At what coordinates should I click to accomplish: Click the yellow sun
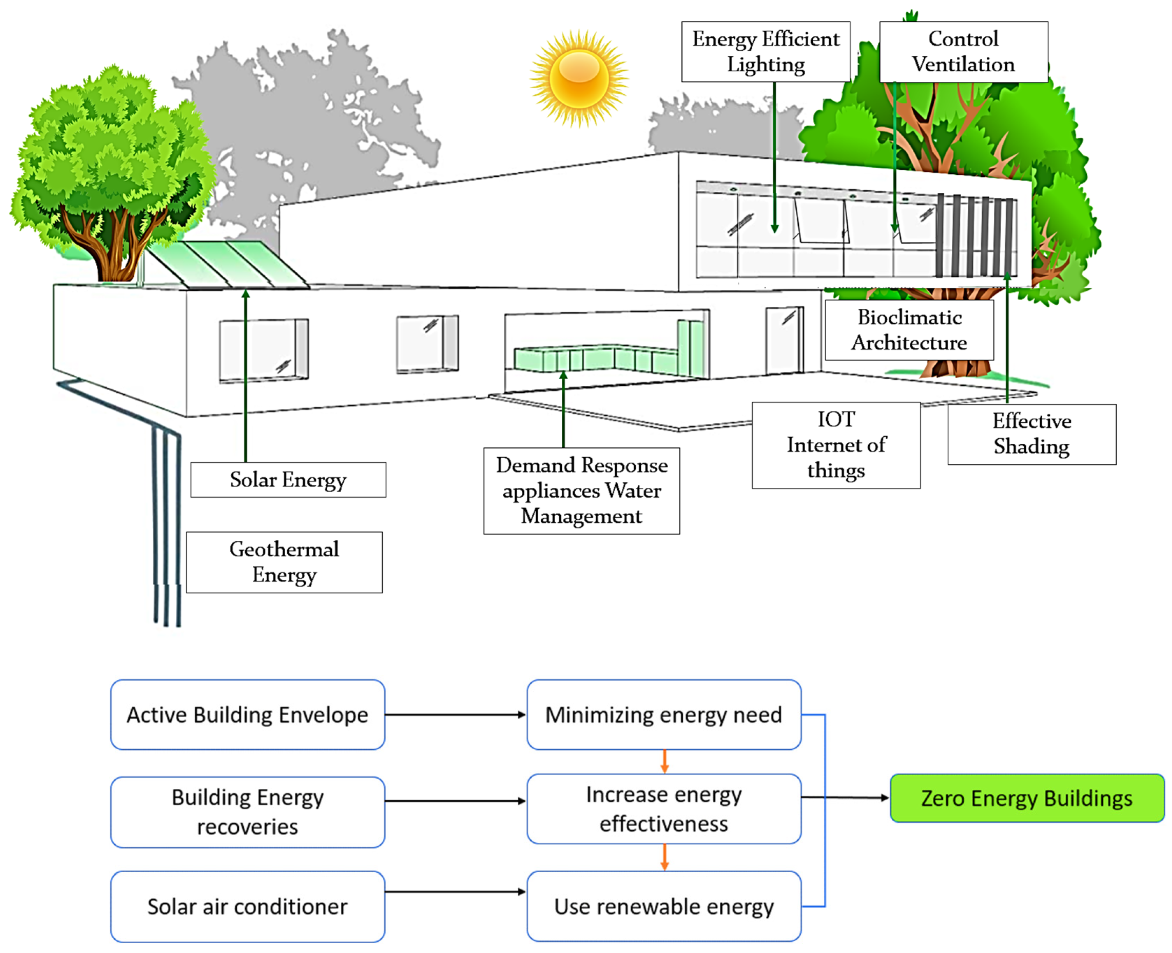tap(579, 79)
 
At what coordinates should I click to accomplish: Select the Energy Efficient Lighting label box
tap(765, 52)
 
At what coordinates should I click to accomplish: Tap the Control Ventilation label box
tap(963, 52)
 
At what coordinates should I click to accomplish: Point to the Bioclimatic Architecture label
tap(909, 330)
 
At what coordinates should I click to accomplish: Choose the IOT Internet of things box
tap(836, 445)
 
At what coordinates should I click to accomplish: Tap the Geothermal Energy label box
tap(284, 562)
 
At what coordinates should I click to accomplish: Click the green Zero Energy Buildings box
tap(1027, 798)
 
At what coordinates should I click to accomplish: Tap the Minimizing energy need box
tap(663, 715)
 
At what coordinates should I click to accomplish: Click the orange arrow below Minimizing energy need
tap(664, 762)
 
